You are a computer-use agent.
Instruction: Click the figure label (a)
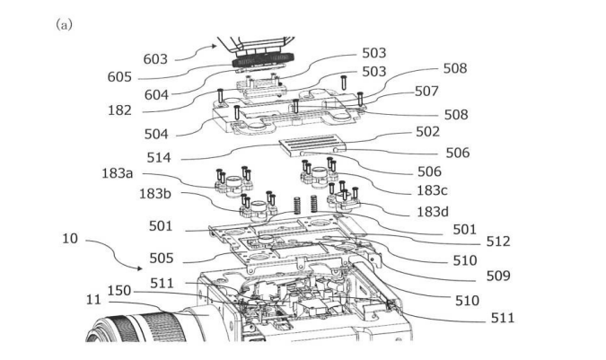tap(64, 23)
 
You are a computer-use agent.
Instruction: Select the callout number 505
tap(162, 258)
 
